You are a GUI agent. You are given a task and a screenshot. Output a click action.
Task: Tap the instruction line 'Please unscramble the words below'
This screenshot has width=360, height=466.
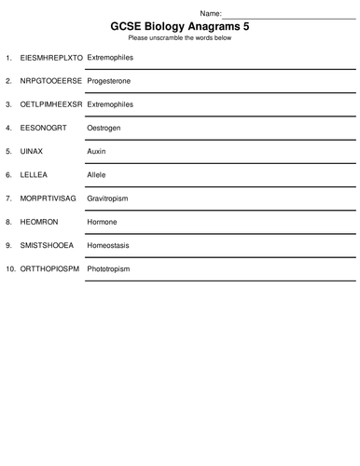[180, 39]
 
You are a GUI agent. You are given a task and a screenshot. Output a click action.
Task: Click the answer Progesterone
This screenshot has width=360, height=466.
[108, 81]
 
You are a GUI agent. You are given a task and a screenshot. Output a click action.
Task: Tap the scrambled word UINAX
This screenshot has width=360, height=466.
[32, 151]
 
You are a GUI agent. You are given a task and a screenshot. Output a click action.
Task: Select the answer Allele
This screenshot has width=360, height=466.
[97, 174]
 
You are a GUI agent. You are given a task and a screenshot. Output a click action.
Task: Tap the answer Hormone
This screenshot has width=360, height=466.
[102, 222]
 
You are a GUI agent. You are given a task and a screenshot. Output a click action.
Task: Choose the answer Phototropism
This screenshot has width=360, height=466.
[108, 268]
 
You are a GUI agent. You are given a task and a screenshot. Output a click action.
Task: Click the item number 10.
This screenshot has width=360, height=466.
[9, 268]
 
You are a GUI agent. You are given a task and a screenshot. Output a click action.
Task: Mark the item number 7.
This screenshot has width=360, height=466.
[8, 199]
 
